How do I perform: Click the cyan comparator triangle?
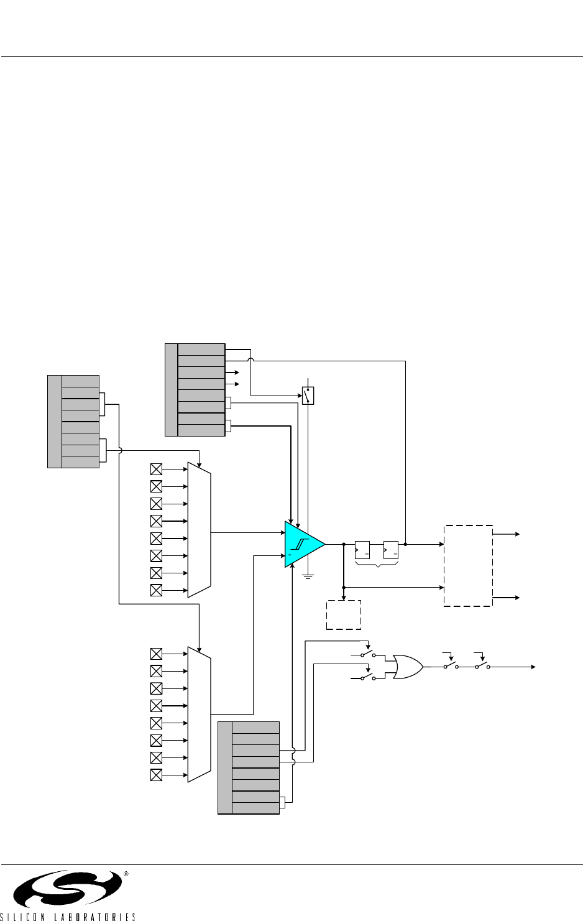(302, 544)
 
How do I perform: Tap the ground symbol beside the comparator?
(308, 576)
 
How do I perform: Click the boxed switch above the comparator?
(308, 396)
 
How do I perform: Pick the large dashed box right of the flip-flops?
(468, 565)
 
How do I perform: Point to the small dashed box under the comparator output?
(344, 615)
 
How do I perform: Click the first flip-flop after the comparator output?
(362, 550)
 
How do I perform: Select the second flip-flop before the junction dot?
(391, 550)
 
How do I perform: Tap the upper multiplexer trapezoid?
(200, 529)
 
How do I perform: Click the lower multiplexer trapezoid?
(200, 714)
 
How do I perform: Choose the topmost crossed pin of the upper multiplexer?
(157, 469)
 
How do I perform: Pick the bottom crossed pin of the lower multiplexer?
(157, 775)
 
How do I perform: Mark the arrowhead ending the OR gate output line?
(533, 666)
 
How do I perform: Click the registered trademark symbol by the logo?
(126, 874)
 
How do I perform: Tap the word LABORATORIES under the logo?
(94, 917)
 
